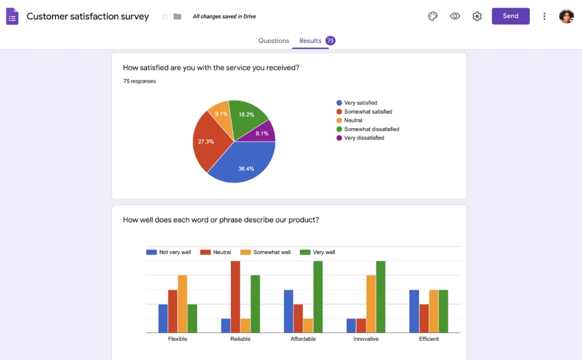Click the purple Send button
point(510,16)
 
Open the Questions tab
point(274,41)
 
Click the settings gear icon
point(477,16)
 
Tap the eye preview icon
point(455,16)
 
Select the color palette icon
point(433,16)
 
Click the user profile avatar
point(566,16)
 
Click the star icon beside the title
point(165,17)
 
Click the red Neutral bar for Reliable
point(235,297)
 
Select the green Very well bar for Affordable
point(318,297)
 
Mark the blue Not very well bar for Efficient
point(414,311)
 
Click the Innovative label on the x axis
point(366,339)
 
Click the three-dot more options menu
point(544,16)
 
